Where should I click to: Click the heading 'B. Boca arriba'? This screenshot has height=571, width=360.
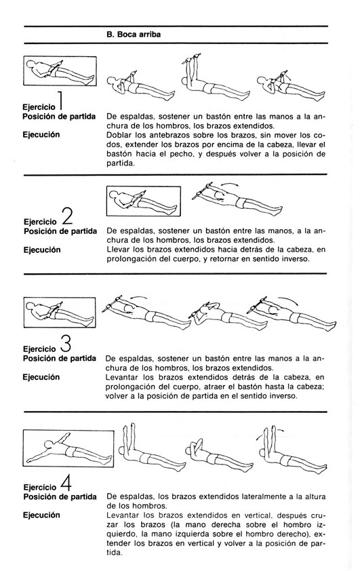coord(134,35)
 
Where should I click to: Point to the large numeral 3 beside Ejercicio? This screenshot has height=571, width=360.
coord(65,342)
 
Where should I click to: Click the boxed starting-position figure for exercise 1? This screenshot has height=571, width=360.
coord(60,71)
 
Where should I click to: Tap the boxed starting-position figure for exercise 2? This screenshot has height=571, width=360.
coord(144,201)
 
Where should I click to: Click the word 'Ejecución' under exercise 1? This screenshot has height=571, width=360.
coord(41,135)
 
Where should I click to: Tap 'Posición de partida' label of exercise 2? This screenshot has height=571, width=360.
coord(60,231)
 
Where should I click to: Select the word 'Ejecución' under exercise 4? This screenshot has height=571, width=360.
coord(41,515)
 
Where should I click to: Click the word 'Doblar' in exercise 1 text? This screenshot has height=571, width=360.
coord(117,135)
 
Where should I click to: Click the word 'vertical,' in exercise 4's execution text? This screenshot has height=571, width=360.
coord(259,515)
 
